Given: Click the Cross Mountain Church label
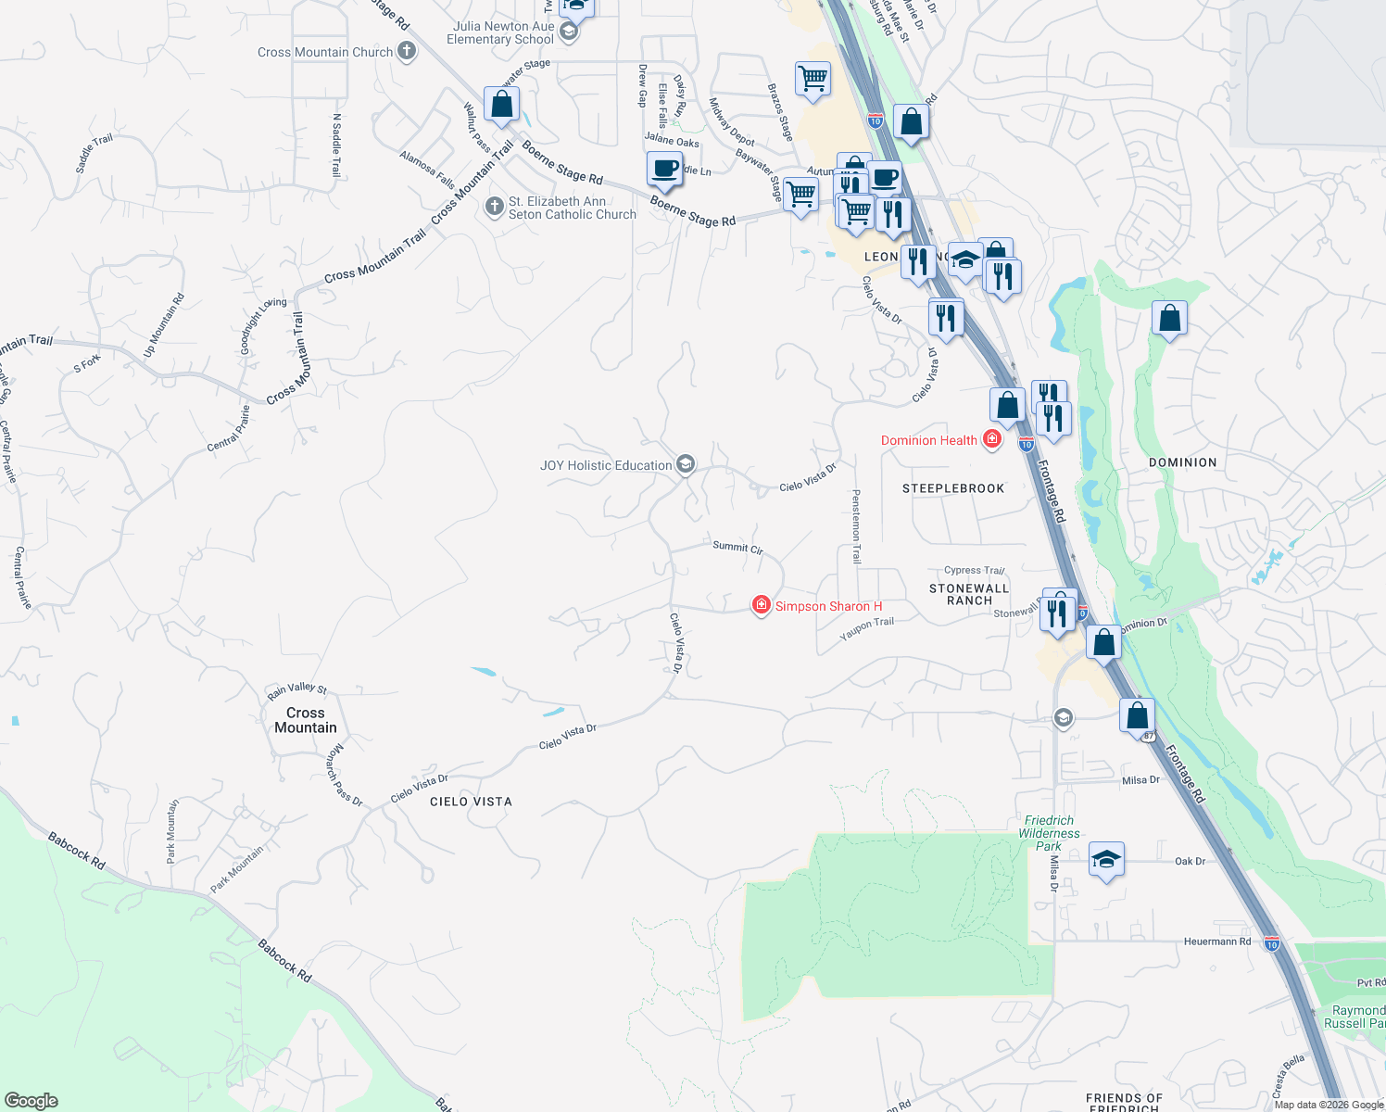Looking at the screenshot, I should click(x=325, y=52).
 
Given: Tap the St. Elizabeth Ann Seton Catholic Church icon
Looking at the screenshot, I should click(x=495, y=207).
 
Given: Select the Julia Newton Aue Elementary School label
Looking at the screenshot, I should click(x=500, y=32).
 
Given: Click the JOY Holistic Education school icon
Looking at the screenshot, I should click(x=686, y=464).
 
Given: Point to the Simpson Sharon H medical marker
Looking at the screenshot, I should click(x=761, y=605).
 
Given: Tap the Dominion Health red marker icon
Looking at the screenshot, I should click(x=992, y=439).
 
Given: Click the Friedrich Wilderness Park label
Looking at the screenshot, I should click(x=1049, y=833).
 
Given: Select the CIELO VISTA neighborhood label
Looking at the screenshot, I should click(x=471, y=802).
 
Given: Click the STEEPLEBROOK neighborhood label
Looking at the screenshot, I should click(x=953, y=488).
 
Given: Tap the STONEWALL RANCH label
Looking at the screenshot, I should click(x=969, y=594).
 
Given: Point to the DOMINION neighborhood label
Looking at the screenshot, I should click(x=1182, y=462).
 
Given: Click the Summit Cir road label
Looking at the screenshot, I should click(x=737, y=547).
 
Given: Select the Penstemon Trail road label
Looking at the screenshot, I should click(x=856, y=526).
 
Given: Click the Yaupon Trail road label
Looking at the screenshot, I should click(x=866, y=628).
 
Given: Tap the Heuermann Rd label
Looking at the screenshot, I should click(x=1216, y=941).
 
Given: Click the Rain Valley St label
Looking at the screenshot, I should click(x=296, y=689).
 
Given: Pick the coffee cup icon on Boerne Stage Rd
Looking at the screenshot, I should click(x=664, y=170).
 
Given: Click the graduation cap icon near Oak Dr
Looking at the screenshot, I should click(x=1106, y=860).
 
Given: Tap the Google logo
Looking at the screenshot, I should click(x=31, y=1101).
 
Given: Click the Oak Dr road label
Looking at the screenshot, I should click(x=1190, y=862).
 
